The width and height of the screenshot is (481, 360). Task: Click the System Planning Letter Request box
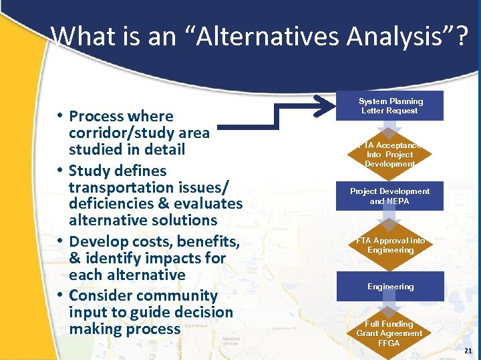pos(390,106)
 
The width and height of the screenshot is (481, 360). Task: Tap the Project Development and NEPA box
pos(390,196)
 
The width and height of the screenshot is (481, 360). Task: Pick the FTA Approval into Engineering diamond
pos(390,245)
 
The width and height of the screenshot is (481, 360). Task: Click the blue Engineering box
pos(390,287)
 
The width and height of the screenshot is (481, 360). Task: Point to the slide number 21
pos(468,351)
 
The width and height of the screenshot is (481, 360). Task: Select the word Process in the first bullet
pos(96,116)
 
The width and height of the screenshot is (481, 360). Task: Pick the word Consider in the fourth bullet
pos(100,295)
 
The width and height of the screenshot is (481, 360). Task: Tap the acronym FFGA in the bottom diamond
pos(389,343)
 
